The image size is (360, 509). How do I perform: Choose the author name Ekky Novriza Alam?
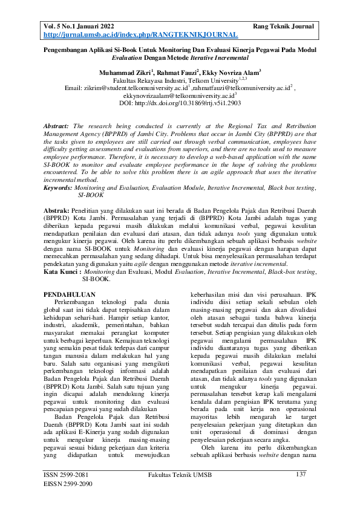[x=231, y=72]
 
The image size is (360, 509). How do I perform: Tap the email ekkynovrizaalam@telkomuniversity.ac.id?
[x=178, y=96]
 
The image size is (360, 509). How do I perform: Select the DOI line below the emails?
[x=180, y=103]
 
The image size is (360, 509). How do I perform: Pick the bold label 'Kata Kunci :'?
[x=62, y=271]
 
